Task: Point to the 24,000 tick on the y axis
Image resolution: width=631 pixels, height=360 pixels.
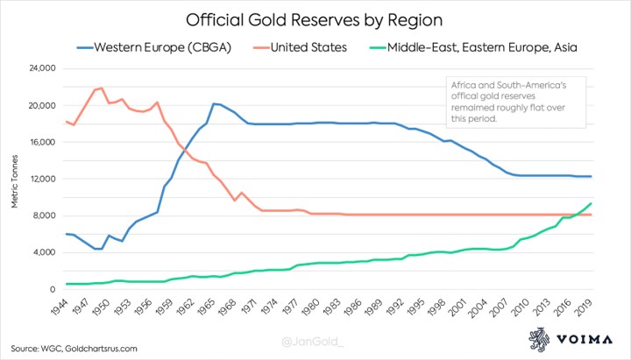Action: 41,68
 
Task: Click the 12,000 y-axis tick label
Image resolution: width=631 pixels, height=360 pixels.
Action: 41,179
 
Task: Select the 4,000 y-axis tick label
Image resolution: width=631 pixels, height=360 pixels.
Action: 44,252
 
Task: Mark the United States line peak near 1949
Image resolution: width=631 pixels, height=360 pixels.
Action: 102,88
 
